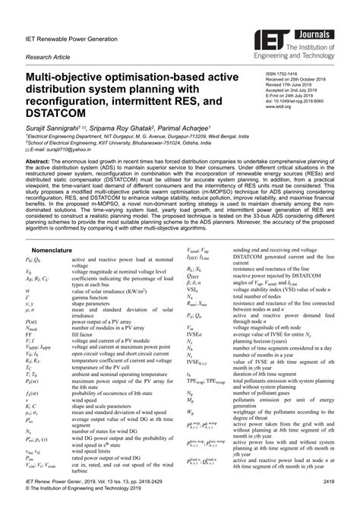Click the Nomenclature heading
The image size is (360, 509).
tap(55, 248)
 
